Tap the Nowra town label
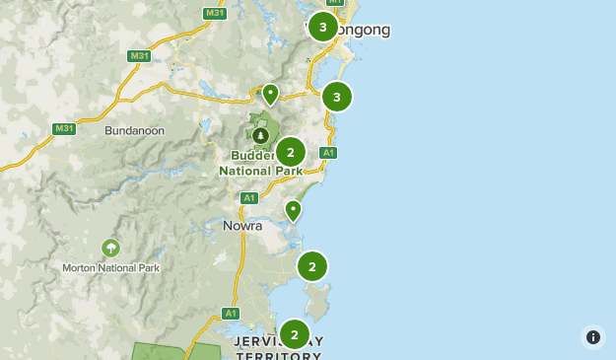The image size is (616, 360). pos(241,225)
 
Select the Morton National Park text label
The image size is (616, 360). pos(110,267)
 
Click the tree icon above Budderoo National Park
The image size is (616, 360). pos(260,135)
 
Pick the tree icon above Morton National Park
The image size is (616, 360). pos(110,247)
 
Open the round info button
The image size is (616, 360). pos(593,337)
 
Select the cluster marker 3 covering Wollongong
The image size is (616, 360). pos(323,27)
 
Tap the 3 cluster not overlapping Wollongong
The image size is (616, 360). pos(337,97)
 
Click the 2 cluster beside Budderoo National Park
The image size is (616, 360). pos(291,153)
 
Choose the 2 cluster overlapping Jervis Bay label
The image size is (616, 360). pos(295,335)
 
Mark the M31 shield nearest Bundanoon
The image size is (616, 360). pos(64,129)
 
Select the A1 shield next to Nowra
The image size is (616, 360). pos(249,198)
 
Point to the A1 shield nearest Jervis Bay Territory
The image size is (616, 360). pos(231,314)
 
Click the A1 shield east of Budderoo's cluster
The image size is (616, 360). pos(328,153)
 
